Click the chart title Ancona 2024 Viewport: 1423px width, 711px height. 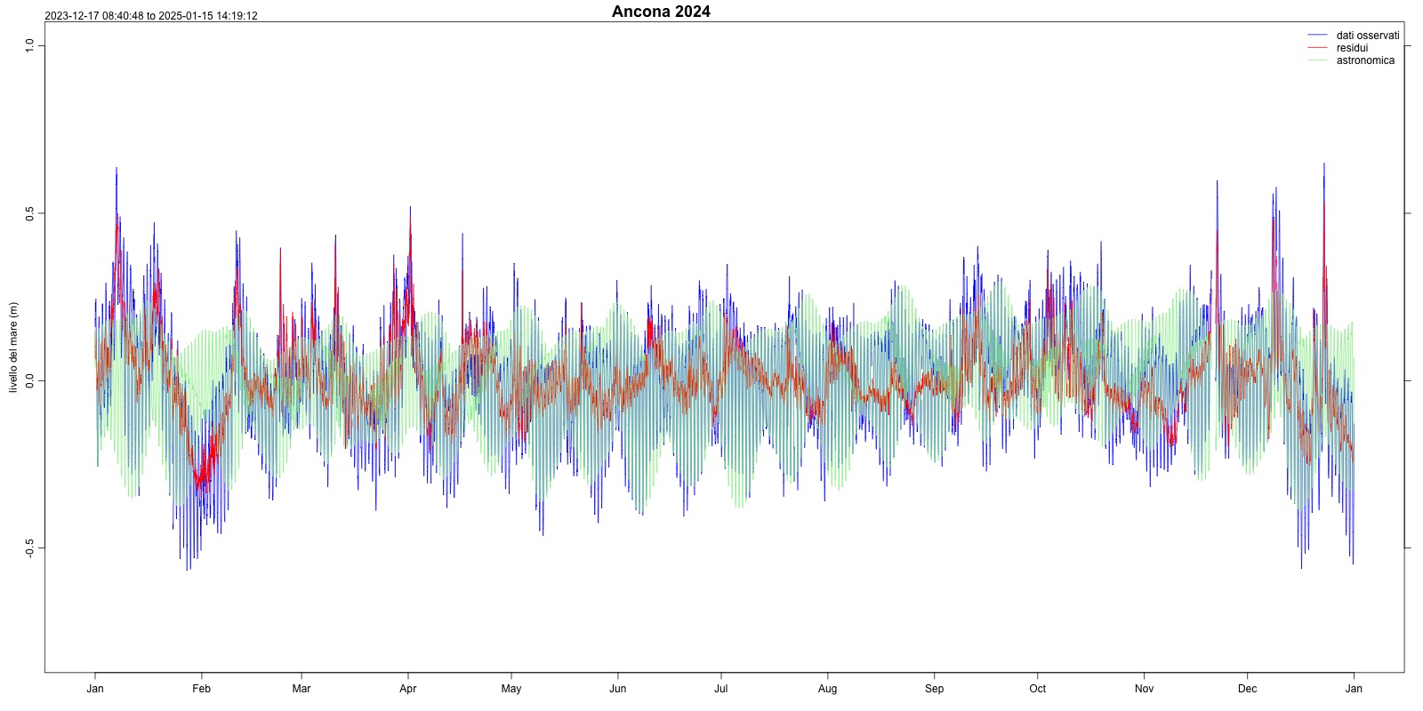point(661,12)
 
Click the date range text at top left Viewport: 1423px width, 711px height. point(151,16)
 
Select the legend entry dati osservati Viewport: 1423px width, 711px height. point(1367,36)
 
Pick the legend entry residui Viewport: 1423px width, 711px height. point(1352,48)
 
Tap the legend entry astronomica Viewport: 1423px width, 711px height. point(1365,60)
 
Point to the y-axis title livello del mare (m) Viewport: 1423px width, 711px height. point(13,348)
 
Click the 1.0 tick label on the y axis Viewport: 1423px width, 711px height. point(29,45)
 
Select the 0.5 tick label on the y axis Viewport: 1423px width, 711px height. point(29,213)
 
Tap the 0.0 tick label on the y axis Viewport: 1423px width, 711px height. point(29,380)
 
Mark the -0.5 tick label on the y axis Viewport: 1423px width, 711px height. point(29,548)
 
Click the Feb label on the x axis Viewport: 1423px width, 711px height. point(202,689)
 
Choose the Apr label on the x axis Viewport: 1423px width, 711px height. point(408,689)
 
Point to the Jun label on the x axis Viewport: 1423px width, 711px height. point(618,689)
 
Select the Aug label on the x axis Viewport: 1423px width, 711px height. point(828,689)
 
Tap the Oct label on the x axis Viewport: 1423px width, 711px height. point(1038,689)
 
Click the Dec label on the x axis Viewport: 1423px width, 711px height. point(1248,689)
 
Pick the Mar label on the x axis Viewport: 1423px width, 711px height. point(301,689)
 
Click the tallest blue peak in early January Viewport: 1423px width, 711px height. point(116,169)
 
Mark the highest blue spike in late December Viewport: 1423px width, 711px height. point(1323,164)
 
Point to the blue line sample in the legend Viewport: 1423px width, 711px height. point(1317,36)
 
